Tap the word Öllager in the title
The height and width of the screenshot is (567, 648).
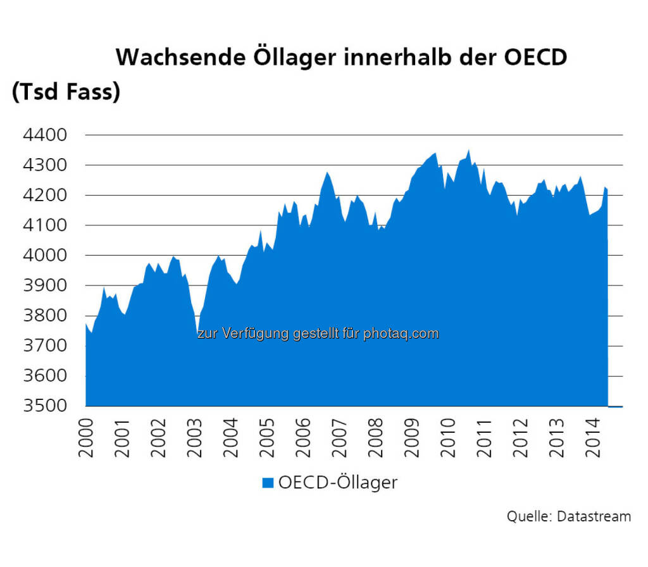click(x=296, y=57)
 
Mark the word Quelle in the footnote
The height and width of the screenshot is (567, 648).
click(x=528, y=516)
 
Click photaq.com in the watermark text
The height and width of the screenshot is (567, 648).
click(x=401, y=333)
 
